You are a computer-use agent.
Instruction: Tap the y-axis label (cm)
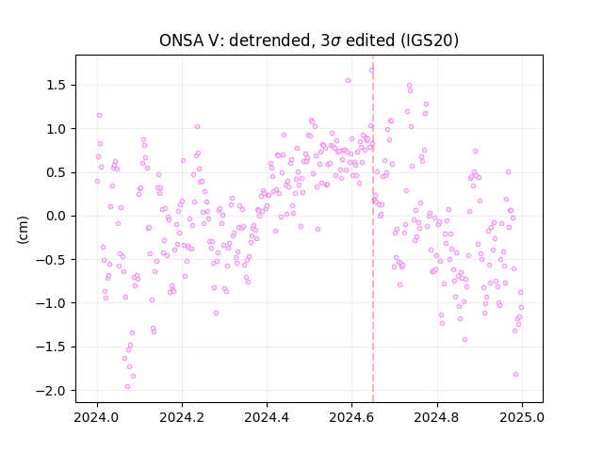pos(23,230)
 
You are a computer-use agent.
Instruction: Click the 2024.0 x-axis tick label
pos(97,417)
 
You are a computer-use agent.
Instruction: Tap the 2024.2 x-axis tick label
pos(182,417)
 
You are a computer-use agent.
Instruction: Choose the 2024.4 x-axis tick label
pos(267,417)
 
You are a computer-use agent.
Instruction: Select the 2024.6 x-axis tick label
pos(351,417)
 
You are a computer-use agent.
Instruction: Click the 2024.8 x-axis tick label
pos(437,417)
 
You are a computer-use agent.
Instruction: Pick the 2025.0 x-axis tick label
pos(522,417)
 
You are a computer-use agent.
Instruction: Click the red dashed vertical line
pos(373,229)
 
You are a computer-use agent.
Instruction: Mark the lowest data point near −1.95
pos(128,387)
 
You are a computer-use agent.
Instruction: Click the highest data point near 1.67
pos(371,71)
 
